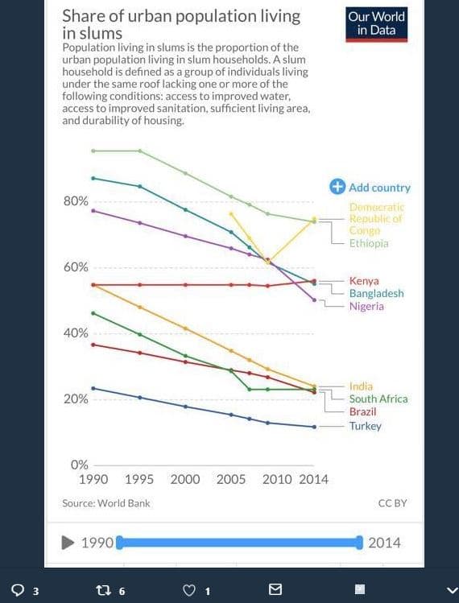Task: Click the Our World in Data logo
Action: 376,24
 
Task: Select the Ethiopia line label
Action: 369,243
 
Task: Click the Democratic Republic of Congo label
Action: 375,219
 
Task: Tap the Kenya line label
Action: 364,281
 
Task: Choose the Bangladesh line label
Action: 376,294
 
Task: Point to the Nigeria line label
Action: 366,307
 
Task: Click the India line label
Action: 361,386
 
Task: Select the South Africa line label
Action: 378,399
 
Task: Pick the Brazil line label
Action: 362,411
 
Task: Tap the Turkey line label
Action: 365,426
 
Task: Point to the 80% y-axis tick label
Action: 76,201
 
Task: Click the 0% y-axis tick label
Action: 79,465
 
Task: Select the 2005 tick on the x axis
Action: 231,480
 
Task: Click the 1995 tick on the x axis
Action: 139,480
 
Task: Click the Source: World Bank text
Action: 105,503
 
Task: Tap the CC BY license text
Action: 392,503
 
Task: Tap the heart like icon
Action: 189,590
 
